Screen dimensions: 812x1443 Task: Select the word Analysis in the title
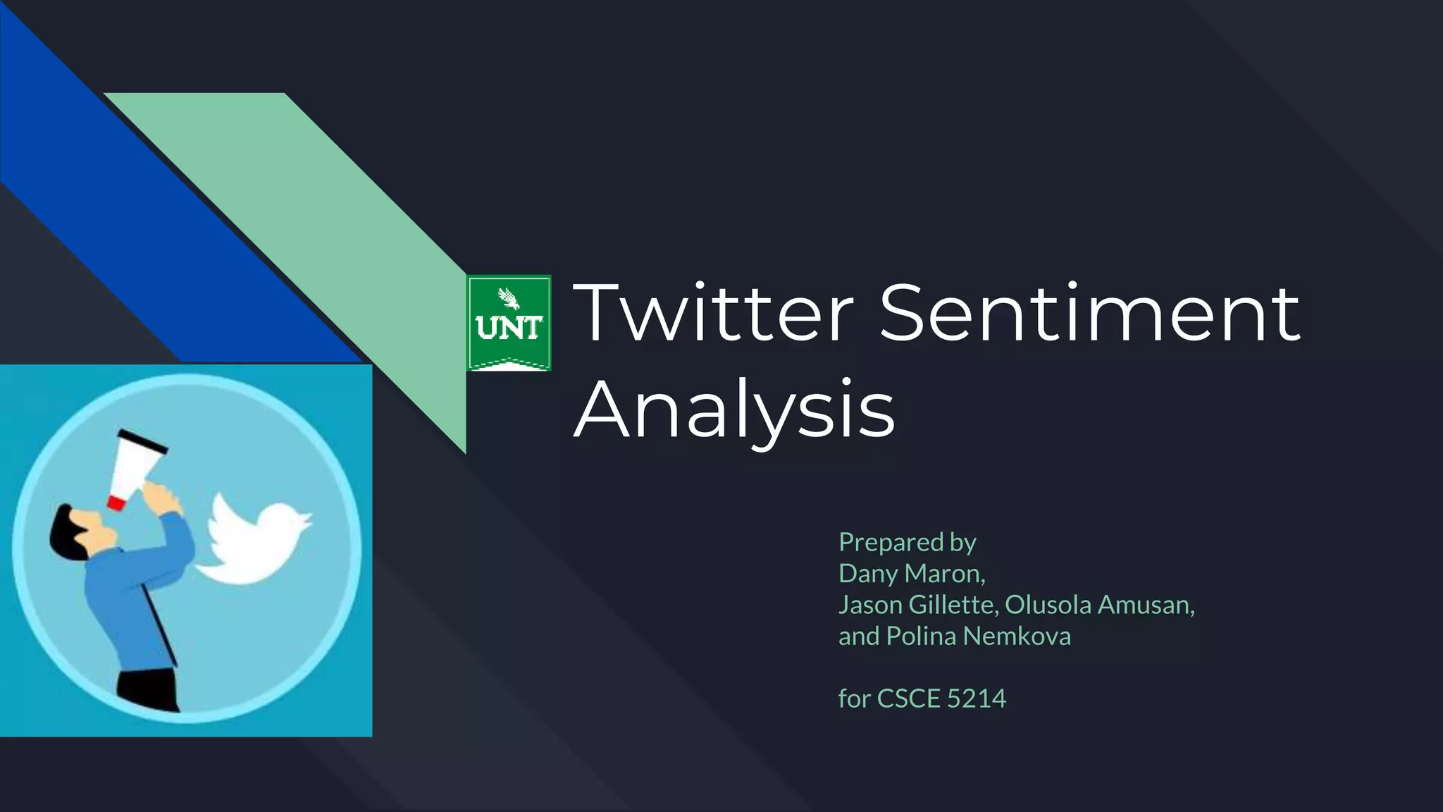734,410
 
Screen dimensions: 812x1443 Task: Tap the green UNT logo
509,323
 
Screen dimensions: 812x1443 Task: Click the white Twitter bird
255,539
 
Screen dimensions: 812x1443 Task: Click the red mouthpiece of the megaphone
115,502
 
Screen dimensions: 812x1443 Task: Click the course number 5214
977,699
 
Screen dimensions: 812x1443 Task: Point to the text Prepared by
907,542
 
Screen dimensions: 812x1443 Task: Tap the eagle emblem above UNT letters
509,298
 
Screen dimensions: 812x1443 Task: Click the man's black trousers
148,689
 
